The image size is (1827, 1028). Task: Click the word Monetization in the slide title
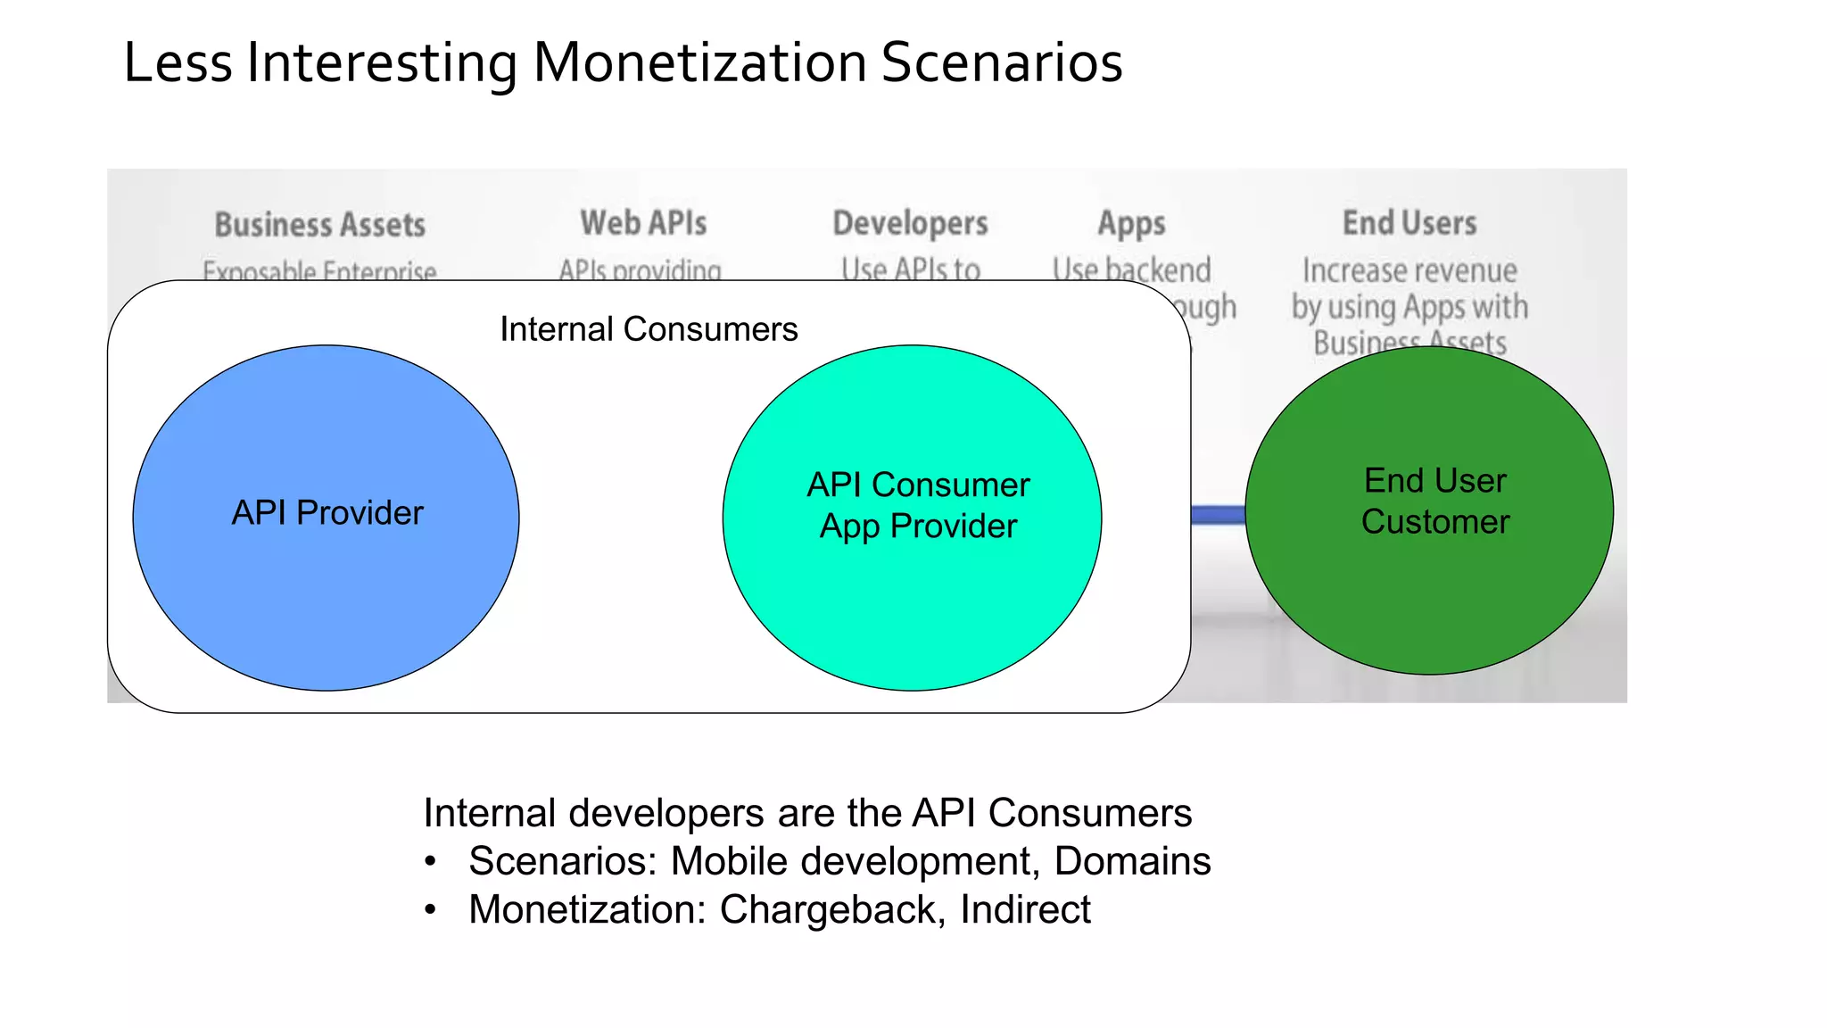coord(699,62)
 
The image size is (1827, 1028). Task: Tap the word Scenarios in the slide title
coord(1001,62)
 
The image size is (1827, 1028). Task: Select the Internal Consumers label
coord(649,329)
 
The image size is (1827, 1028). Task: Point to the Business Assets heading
coord(319,224)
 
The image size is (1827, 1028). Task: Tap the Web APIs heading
coord(643,222)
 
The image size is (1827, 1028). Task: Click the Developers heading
coord(910,223)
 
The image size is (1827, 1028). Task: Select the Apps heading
coord(1131,223)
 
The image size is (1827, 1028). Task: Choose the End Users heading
coord(1410,222)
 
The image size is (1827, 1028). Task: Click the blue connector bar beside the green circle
coord(1218,515)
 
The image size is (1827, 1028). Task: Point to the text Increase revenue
coord(1410,270)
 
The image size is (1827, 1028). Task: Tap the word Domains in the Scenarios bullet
coord(1132,862)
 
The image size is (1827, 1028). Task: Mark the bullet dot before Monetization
coord(431,910)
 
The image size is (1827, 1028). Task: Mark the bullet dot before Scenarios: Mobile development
coord(431,862)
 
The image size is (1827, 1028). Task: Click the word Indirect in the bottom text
coord(1025,910)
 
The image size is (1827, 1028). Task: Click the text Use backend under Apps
coord(1131,269)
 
